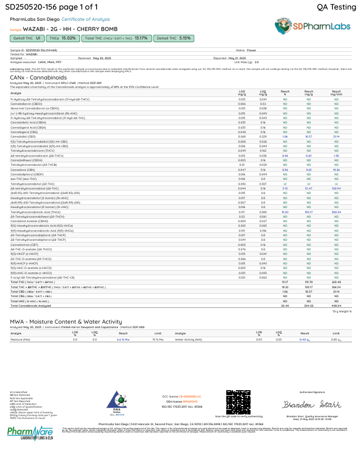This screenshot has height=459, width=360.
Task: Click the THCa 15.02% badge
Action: click(x=63, y=38)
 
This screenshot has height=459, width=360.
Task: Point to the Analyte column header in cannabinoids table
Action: click(x=15, y=92)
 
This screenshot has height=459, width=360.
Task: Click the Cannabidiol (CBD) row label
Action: click(x=23, y=136)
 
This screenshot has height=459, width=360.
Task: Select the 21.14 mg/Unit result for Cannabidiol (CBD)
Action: click(x=336, y=136)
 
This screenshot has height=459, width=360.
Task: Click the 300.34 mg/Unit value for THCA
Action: click(x=336, y=211)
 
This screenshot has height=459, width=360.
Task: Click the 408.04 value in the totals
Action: click(x=336, y=306)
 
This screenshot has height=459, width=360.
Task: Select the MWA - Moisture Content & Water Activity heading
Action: click(x=65, y=321)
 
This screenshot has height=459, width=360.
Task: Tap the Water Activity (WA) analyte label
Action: click(x=189, y=339)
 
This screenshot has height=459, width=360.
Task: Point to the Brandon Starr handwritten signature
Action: click(x=311, y=405)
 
